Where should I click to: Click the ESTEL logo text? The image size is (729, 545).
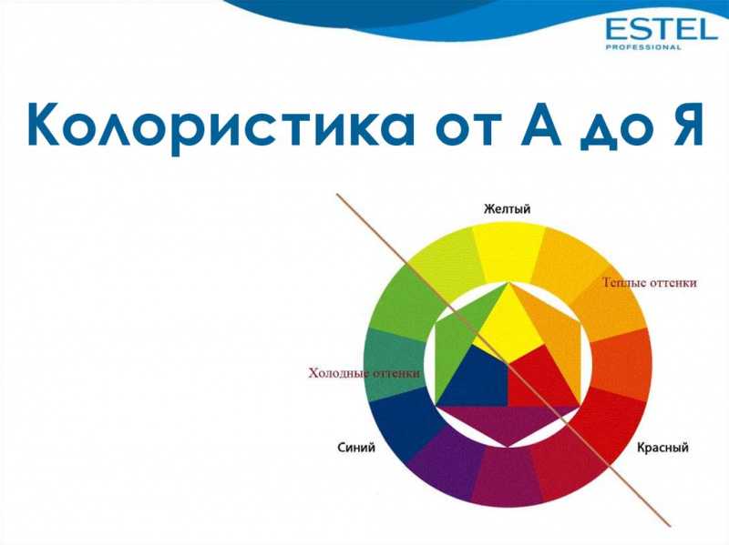click(x=662, y=29)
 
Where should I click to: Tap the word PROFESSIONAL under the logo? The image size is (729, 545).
click(x=643, y=47)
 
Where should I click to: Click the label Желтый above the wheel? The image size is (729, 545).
click(x=507, y=209)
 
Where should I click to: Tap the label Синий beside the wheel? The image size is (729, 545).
click(x=356, y=448)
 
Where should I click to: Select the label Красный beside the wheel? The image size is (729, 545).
click(x=662, y=448)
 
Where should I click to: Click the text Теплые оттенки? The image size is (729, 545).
click(x=650, y=283)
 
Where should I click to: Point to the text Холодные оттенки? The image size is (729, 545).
click(x=364, y=373)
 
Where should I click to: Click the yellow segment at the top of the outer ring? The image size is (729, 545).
click(x=509, y=252)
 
